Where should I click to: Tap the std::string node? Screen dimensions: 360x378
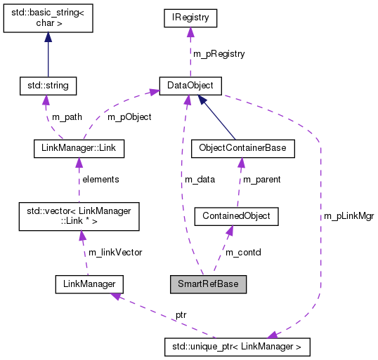point(48,86)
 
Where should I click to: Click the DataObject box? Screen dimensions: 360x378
point(190,86)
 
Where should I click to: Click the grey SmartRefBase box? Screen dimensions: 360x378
point(208,284)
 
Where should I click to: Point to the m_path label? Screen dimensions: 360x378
point(67,116)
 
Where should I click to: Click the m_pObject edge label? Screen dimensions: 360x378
point(129,116)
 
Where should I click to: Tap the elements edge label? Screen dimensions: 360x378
point(100,180)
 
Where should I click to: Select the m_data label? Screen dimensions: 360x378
point(200,180)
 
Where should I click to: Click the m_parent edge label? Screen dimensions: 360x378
point(261,180)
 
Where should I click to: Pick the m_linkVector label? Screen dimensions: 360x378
point(115,252)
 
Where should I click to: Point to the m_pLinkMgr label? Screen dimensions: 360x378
point(348,216)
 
